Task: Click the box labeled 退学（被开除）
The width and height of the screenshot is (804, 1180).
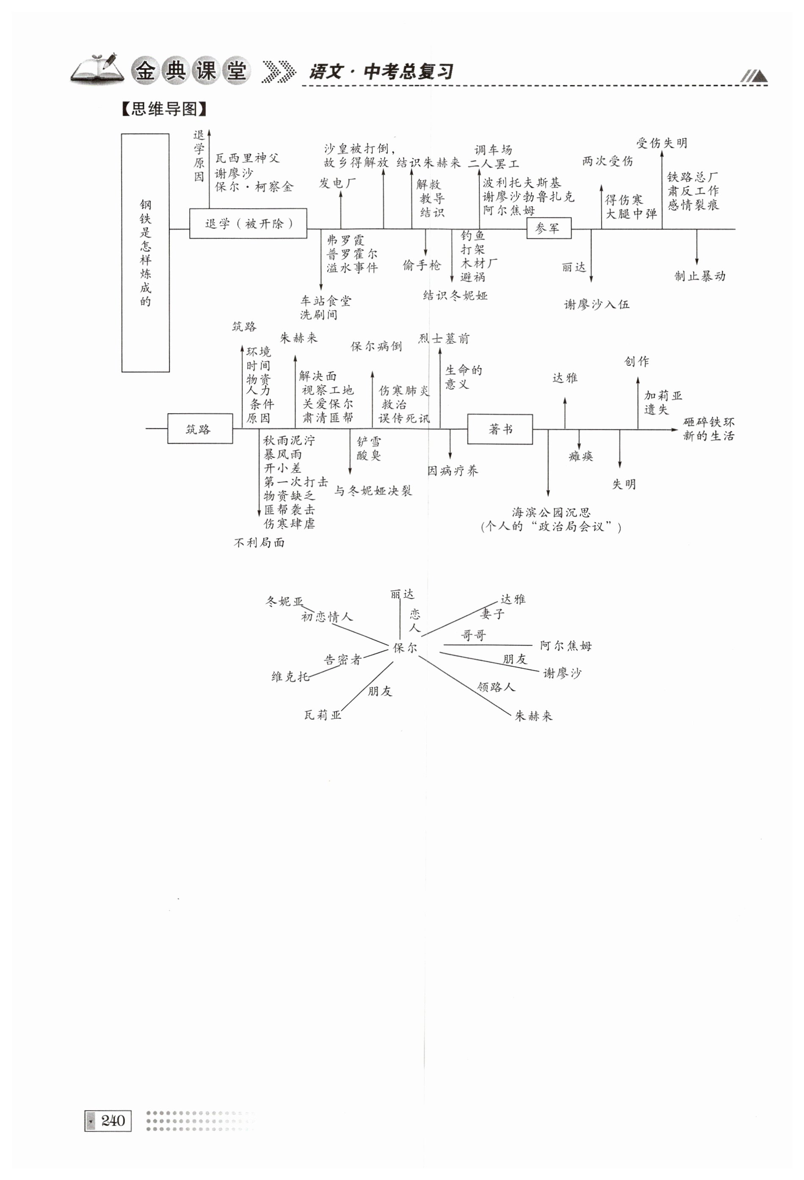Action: point(248,224)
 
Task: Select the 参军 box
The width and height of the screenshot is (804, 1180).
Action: point(549,229)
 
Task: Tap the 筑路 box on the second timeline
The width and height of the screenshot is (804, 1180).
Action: point(200,429)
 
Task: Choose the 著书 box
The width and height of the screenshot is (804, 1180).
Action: point(500,429)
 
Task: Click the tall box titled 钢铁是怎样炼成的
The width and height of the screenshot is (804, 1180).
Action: point(145,253)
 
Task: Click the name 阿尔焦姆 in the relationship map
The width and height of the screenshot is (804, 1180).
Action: point(566,645)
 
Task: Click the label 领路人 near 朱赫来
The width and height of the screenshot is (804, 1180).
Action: point(496,687)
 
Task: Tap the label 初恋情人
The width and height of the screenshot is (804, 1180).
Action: point(326,617)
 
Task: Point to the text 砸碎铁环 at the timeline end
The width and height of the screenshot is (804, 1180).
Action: point(709,422)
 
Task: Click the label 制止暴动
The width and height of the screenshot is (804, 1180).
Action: point(699,276)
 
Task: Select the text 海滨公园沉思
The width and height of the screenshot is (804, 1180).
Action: point(551,512)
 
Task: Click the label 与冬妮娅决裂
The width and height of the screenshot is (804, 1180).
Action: point(373,490)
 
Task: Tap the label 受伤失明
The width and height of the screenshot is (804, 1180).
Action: point(661,143)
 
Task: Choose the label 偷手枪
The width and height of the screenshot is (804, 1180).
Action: point(422,265)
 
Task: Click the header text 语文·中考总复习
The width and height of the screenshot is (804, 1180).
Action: point(381,72)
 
